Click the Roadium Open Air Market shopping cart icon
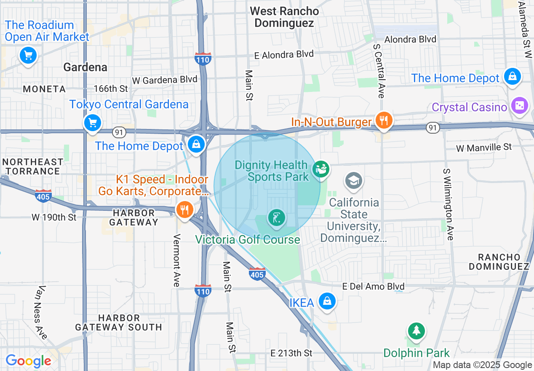point(28,55)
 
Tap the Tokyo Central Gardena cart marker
point(93,123)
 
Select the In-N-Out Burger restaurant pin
point(383,121)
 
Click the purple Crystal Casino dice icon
point(519,106)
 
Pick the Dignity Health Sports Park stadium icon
point(321,169)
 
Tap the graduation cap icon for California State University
point(353,181)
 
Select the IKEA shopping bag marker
point(327,301)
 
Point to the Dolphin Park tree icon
point(417,331)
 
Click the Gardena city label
point(85,67)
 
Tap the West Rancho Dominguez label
point(284,17)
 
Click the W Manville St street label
point(484,148)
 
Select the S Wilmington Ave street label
point(448,204)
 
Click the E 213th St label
point(291,353)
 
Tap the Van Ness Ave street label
point(41,312)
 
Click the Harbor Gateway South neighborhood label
point(118,323)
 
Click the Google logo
point(28,361)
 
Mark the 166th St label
point(111,89)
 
